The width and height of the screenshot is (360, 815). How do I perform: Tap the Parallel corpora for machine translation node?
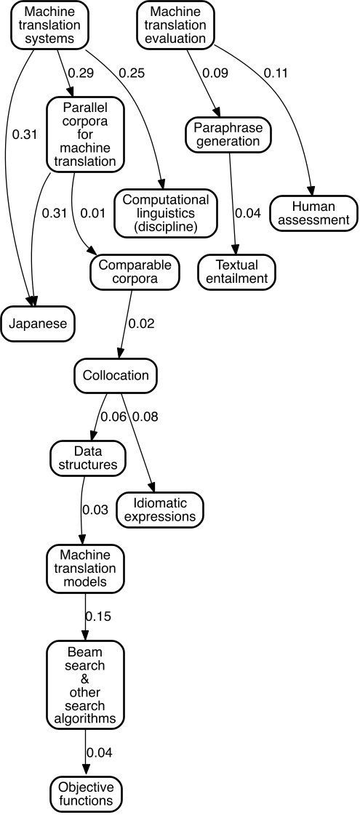pos(84,135)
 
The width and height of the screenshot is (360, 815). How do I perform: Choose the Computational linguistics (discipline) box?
pos(166,212)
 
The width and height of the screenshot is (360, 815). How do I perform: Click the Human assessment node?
pos(314,212)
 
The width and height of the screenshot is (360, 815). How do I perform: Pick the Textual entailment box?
pos(236,270)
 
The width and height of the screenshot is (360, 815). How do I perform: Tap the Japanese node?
pos(38,324)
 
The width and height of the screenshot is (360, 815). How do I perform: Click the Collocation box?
pos(116,376)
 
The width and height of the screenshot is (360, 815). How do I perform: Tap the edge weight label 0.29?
pos(81,73)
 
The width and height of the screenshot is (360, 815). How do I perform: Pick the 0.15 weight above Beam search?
pos(98,617)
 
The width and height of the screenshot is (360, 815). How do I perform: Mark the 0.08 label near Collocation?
pos(145,417)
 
